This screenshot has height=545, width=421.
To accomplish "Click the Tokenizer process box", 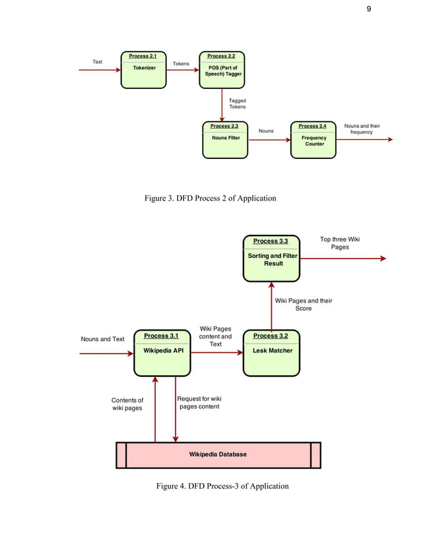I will [x=143, y=69].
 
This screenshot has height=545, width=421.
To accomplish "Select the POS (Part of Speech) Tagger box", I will [x=223, y=69].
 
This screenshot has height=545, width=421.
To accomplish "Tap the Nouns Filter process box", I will [x=225, y=139].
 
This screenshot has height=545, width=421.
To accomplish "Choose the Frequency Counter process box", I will [x=313, y=139].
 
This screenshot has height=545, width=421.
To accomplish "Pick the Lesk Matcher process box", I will [x=271, y=352].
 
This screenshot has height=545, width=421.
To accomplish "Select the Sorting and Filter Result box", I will [x=271, y=258].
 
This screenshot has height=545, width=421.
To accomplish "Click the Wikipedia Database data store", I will [x=218, y=455].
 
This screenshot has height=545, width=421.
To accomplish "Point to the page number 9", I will [x=370, y=9].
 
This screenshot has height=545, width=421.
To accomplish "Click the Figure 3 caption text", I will [x=210, y=198].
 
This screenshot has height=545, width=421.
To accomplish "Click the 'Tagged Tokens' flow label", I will [x=237, y=104].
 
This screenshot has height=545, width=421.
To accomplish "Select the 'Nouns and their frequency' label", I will [x=362, y=129].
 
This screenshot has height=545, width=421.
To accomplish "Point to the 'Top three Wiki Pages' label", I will [x=340, y=243].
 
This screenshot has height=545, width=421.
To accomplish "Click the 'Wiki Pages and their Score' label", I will [x=303, y=304].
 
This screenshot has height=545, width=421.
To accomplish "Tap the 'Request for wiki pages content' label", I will [x=199, y=402].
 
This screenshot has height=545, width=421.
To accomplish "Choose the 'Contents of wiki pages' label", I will [x=127, y=404].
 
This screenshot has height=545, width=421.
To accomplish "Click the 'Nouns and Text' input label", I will [x=102, y=339].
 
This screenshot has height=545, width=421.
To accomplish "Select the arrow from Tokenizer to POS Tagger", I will [x=183, y=69].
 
